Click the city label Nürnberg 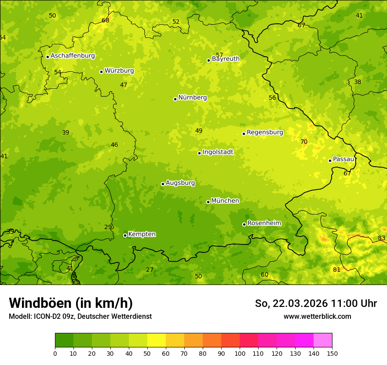(x=192, y=98)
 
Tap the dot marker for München (x=208, y=202)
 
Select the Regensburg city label (x=265, y=132)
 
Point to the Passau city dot (x=330, y=161)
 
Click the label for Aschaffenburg (x=73, y=56)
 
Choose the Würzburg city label (x=119, y=70)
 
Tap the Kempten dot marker (x=125, y=235)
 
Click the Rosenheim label (x=264, y=223)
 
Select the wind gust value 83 (x=381, y=238)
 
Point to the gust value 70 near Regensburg (x=304, y=142)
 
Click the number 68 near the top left (x=106, y=20)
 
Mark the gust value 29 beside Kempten (x=108, y=227)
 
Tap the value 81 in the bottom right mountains (x=336, y=270)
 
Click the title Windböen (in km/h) (x=71, y=303)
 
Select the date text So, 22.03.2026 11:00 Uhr (x=316, y=303)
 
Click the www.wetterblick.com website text (x=317, y=316)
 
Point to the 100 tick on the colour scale (x=240, y=353)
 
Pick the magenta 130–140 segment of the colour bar (x=304, y=340)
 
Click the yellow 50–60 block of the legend (x=157, y=340)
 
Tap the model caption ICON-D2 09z (x=80, y=316)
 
